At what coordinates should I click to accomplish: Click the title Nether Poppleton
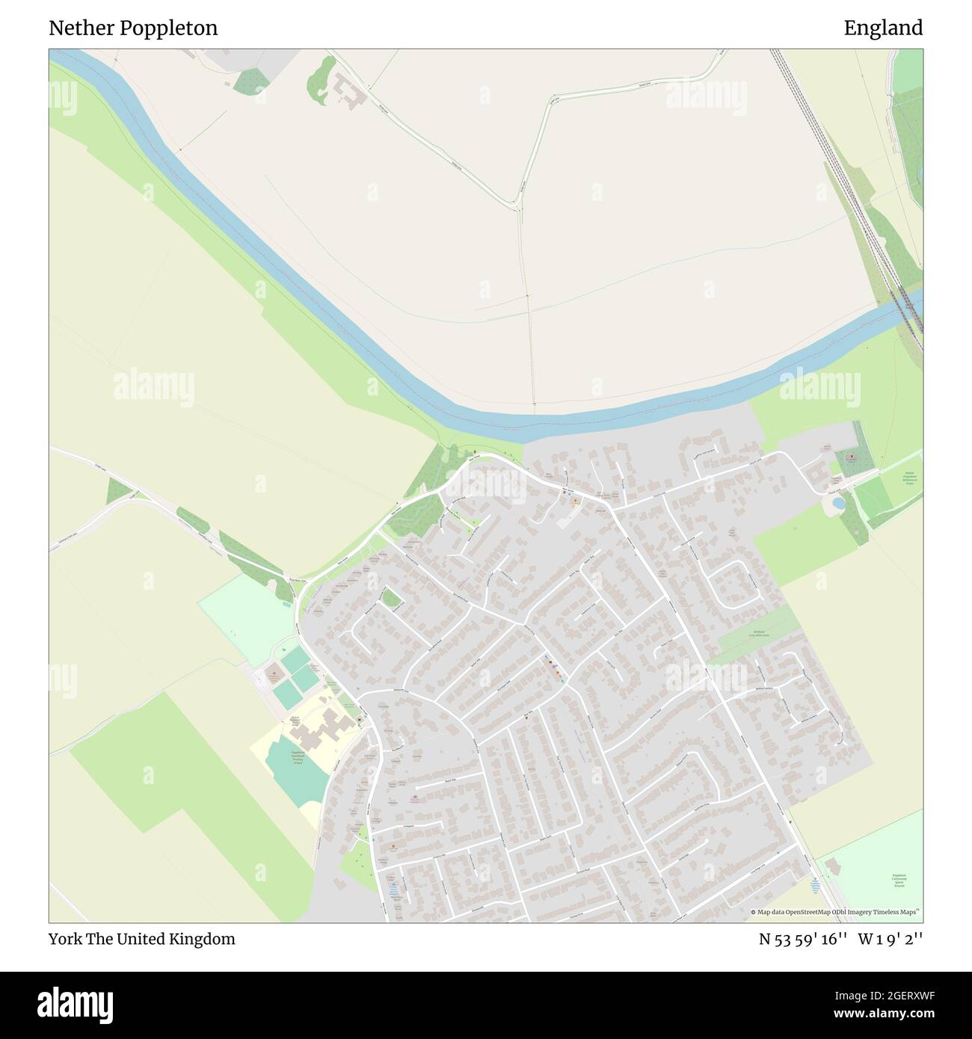coord(133,28)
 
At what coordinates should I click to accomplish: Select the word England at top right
coord(883,28)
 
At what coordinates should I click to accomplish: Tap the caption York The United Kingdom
coord(142,939)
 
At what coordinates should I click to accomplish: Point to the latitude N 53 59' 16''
coord(802,939)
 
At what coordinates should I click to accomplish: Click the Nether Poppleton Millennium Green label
coord(909,478)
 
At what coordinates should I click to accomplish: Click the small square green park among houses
coord(390,597)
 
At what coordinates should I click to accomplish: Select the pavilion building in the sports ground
coord(836,868)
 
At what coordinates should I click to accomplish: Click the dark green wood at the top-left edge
coord(249,80)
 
